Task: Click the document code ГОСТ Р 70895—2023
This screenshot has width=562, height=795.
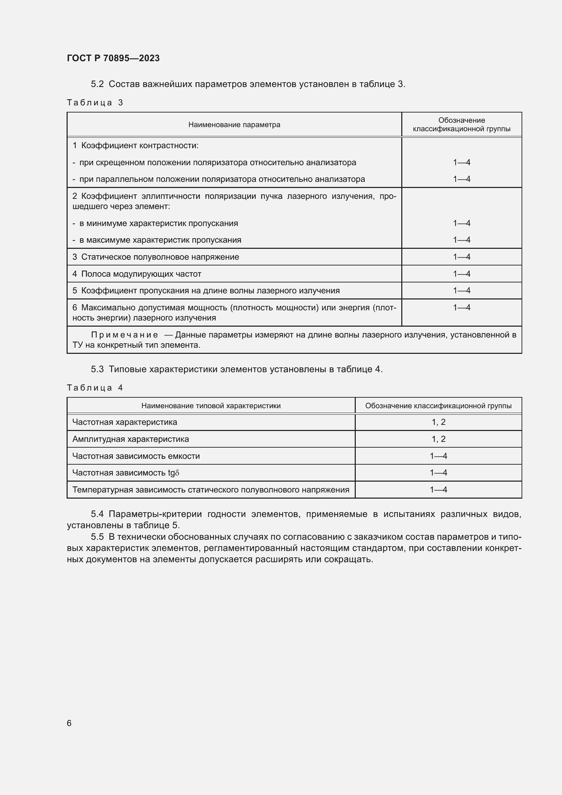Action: click(113, 58)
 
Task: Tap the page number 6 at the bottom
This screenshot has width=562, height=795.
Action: click(69, 723)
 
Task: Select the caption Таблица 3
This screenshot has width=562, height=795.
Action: click(95, 103)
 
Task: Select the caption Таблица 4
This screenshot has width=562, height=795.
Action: click(95, 387)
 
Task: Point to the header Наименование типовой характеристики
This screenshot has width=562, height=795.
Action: click(211, 406)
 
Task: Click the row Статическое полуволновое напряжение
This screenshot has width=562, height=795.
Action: click(160, 257)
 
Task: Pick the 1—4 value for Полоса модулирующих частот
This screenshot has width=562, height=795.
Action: click(461, 274)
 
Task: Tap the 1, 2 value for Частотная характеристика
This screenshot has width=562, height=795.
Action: click(438, 422)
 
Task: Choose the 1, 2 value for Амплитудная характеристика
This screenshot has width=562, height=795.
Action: click(438, 439)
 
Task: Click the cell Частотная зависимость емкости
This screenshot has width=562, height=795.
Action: click(136, 456)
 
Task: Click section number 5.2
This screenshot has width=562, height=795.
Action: click(97, 84)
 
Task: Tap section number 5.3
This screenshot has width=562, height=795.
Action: click(97, 369)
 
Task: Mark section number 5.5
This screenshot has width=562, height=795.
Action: click(97, 537)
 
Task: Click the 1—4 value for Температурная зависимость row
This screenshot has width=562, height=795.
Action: click(438, 489)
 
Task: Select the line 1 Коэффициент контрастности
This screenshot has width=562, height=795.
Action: click(136, 145)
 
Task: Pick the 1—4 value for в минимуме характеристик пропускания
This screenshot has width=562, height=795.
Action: click(461, 223)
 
